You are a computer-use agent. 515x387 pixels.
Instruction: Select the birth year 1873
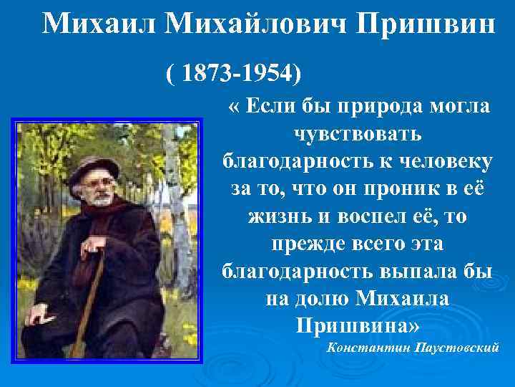(x=208, y=73)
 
